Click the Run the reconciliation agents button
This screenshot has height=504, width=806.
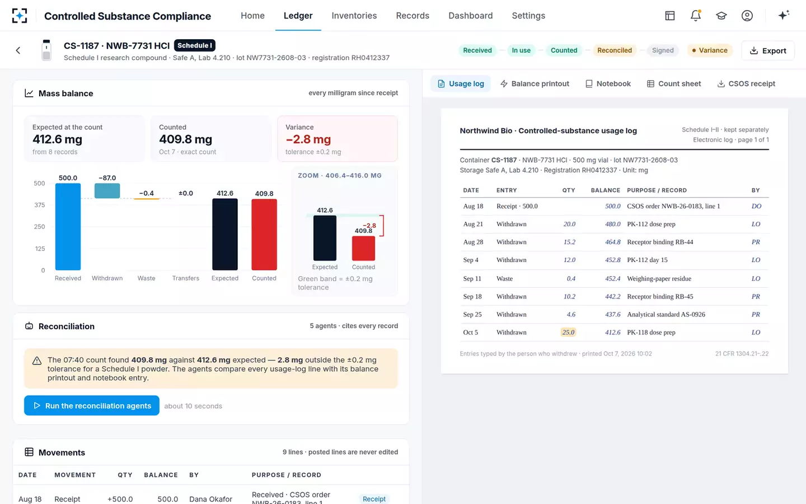coord(91,405)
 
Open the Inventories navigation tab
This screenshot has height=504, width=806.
coord(354,16)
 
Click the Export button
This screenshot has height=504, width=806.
coord(768,50)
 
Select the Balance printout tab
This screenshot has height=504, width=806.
coord(535,83)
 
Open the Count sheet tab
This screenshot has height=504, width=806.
coord(674,83)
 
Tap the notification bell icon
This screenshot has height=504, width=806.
coord(696,16)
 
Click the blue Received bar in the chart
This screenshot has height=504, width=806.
coord(68,226)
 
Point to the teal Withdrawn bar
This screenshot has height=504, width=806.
coord(107,191)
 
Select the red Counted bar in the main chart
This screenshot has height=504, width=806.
coord(264,234)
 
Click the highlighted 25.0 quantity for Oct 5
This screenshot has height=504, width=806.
coord(568,332)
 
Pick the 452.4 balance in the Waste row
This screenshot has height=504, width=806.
coord(612,278)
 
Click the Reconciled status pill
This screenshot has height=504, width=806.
coord(615,50)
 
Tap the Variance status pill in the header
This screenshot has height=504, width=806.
coord(710,50)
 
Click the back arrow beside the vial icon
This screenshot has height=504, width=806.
coord(18,50)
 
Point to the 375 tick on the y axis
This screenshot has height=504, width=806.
coord(39,205)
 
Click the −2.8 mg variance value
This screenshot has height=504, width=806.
coord(308,139)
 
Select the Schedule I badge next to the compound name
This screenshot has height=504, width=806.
coord(195,45)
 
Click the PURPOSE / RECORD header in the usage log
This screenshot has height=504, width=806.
coord(657,190)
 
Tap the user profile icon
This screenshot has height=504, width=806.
coord(747,16)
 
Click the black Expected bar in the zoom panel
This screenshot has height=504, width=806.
coord(325,238)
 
